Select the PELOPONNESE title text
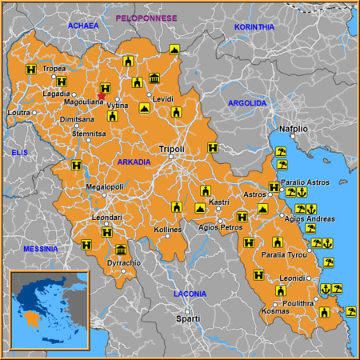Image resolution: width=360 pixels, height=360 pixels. pyautogui.click(x=146, y=17)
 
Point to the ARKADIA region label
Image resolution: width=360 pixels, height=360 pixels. pyautogui.click(x=134, y=162)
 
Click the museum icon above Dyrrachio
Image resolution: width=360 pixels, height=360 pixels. pyautogui.click(x=121, y=250)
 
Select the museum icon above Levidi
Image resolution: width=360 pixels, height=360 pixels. pyautogui.click(x=154, y=78)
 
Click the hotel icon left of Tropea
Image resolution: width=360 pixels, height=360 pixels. pyautogui.click(x=30, y=70)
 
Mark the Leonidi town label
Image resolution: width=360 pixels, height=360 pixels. pyautogui.click(x=292, y=278)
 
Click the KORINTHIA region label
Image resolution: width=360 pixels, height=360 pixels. pyautogui.click(x=254, y=26)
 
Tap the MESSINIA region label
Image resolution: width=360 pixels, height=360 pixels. pyautogui.click(x=40, y=249)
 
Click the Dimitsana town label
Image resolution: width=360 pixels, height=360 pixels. pyautogui.click(x=78, y=118)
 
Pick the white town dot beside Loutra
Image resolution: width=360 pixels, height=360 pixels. pyautogui.click(x=34, y=113)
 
